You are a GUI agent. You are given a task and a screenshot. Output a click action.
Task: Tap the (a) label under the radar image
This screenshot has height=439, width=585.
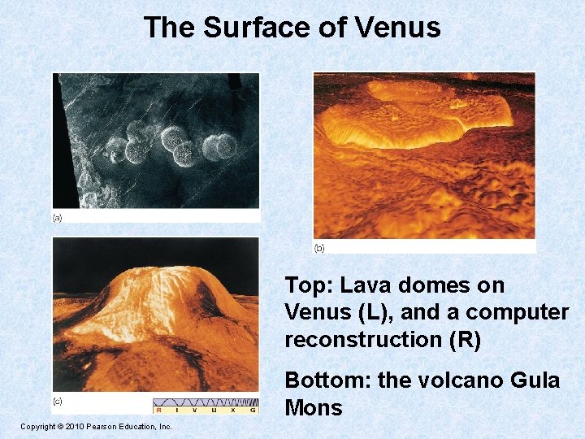58,218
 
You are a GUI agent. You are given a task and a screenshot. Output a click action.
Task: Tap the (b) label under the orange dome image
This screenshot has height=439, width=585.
319,247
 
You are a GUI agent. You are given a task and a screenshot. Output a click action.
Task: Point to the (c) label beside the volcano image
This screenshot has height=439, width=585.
58,400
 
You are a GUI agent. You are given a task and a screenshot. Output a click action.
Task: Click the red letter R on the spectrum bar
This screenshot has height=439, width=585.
160,410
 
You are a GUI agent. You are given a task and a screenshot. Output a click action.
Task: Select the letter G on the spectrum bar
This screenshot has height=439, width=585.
253,410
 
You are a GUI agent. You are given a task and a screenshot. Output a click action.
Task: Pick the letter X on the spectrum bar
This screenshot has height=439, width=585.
234,410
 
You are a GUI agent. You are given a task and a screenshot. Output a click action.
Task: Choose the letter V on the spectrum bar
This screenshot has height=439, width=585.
197,410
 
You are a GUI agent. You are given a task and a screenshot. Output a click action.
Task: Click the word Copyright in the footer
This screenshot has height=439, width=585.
37,426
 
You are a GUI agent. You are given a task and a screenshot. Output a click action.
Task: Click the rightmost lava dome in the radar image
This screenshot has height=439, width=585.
219,146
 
